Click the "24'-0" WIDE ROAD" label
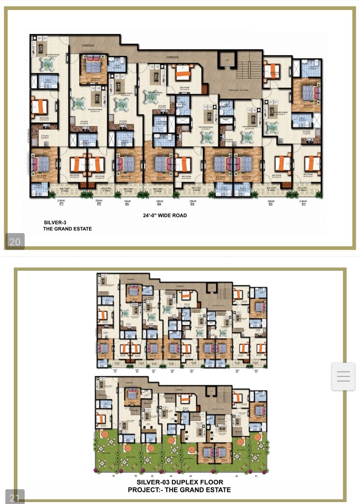pyautogui.click(x=164, y=215)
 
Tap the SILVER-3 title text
pyautogui.click(x=56, y=223)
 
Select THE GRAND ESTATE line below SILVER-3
pyautogui.click(x=68, y=229)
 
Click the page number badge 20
pyautogui.click(x=15, y=241)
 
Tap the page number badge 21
pyautogui.click(x=15, y=497)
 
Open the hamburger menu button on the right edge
pyautogui.click(x=343, y=376)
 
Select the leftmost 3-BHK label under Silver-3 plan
pyautogui.click(x=61, y=200)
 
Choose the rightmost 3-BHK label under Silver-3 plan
pyautogui.click(x=303, y=200)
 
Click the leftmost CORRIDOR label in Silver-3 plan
pyautogui.click(x=87, y=45)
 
